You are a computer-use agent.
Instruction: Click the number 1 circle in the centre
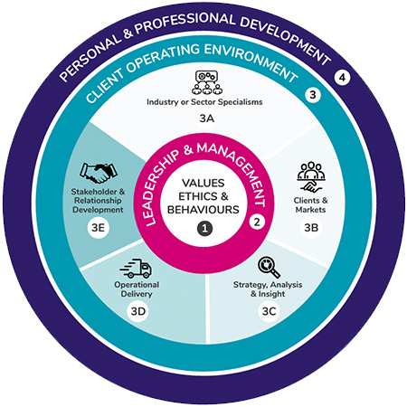tap(204, 230)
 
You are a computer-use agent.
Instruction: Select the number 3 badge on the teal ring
tap(313, 95)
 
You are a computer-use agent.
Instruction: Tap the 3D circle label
tap(138, 313)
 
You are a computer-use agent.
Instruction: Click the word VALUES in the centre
tap(204, 182)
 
